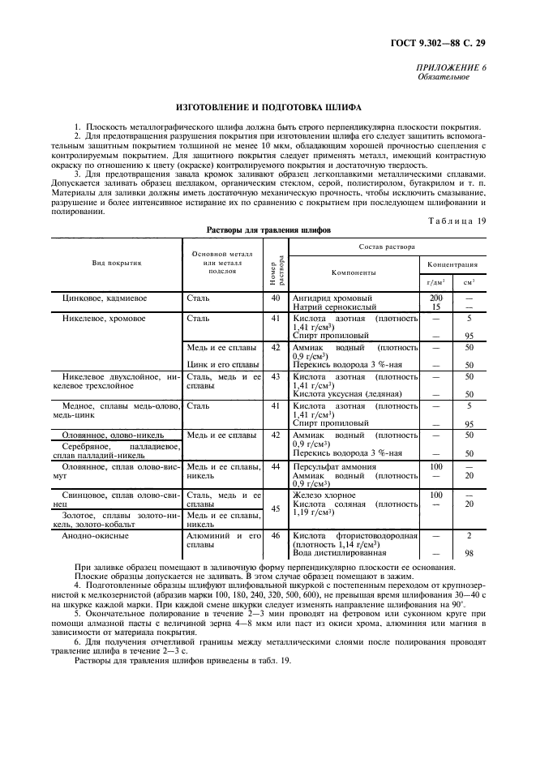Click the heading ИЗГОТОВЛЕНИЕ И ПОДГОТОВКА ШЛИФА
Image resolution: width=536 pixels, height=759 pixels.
(268, 107)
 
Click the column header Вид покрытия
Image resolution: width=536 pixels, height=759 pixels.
(116, 263)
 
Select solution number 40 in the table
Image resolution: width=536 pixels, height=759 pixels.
(276, 298)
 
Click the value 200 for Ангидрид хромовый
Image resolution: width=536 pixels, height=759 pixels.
(435, 298)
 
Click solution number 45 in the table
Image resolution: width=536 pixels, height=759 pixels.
(276, 509)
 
